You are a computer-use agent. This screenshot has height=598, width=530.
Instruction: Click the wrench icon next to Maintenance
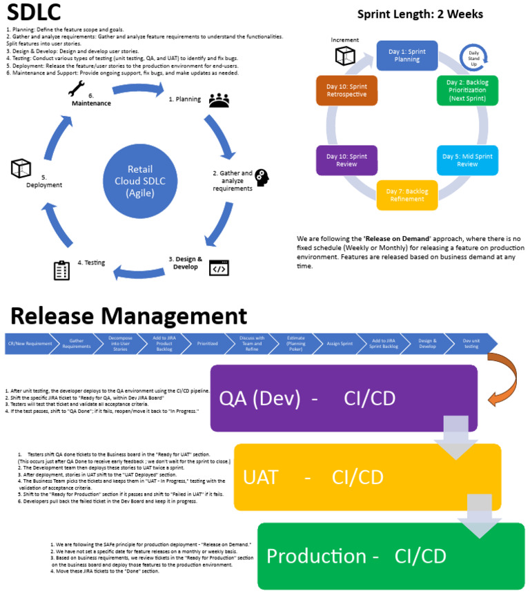pyautogui.click(x=76, y=88)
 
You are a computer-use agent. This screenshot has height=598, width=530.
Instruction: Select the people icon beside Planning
pyautogui.click(x=218, y=101)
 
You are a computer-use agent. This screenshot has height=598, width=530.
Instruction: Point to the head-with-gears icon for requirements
pyautogui.click(x=262, y=177)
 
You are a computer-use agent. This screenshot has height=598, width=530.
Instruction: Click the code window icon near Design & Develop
pyautogui.click(x=219, y=267)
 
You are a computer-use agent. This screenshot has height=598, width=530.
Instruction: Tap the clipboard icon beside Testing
pyautogui.click(x=62, y=269)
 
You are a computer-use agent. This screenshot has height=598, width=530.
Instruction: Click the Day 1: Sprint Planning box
pyautogui.click(x=406, y=55)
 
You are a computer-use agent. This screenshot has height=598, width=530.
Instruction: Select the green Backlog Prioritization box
pyautogui.click(x=467, y=90)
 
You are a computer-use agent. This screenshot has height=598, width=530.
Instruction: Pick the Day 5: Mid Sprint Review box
pyautogui.click(x=467, y=160)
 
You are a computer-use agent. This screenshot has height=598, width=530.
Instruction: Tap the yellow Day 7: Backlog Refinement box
pyautogui.click(x=406, y=195)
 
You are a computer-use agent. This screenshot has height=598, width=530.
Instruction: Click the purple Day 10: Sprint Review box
pyautogui.click(x=346, y=160)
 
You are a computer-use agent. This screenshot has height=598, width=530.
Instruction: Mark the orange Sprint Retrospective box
pyautogui.click(x=346, y=90)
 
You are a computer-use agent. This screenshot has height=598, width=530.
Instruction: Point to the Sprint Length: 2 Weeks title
pyautogui.click(x=420, y=14)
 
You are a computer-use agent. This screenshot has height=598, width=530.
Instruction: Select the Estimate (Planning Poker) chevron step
pyautogui.click(x=297, y=343)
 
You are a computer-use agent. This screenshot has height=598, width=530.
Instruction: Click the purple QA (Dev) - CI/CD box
pyautogui.click(x=344, y=398)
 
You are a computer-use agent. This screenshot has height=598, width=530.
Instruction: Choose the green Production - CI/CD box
pyautogui.click(x=391, y=556)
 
